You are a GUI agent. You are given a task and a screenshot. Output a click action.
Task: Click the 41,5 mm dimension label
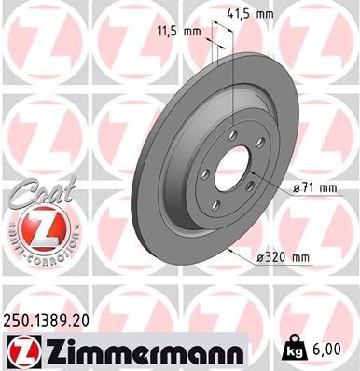(x=251, y=15)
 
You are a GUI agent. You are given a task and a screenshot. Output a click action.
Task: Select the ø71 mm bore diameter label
(x=313, y=188)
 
